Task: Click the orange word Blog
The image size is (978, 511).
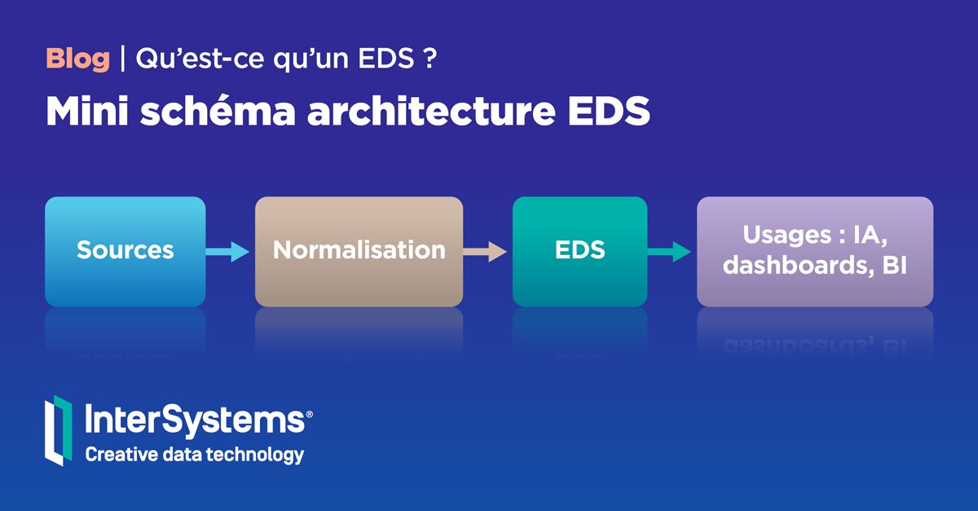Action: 77,59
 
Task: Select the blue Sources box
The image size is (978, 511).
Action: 125,251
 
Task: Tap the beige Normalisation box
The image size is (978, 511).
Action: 359,251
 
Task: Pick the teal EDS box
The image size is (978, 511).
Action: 579,251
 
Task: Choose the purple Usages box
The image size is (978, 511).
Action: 814,251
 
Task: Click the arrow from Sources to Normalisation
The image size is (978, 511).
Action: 227,252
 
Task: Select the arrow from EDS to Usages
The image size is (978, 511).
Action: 669,252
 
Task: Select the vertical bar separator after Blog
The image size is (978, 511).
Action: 122,59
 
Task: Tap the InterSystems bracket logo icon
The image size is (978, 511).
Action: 58,430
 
